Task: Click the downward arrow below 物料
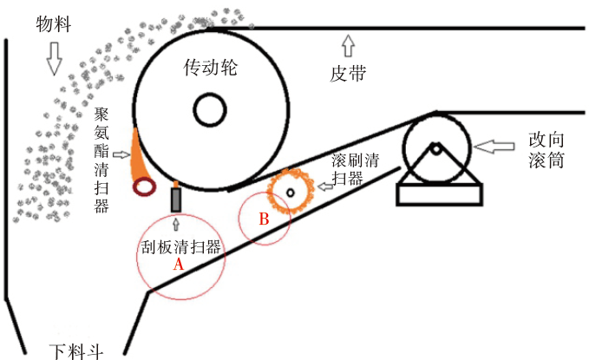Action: pyautogui.click(x=55, y=58)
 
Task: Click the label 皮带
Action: pyautogui.click(x=349, y=75)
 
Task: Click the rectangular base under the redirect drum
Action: pyautogui.click(x=439, y=193)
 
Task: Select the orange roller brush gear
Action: pyautogui.click(x=289, y=190)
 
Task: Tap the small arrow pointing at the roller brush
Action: pyautogui.click(x=323, y=186)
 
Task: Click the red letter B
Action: pyautogui.click(x=264, y=219)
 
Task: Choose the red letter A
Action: pyautogui.click(x=180, y=265)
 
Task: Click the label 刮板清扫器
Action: pyautogui.click(x=180, y=245)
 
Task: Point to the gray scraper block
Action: pyautogui.click(x=177, y=200)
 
